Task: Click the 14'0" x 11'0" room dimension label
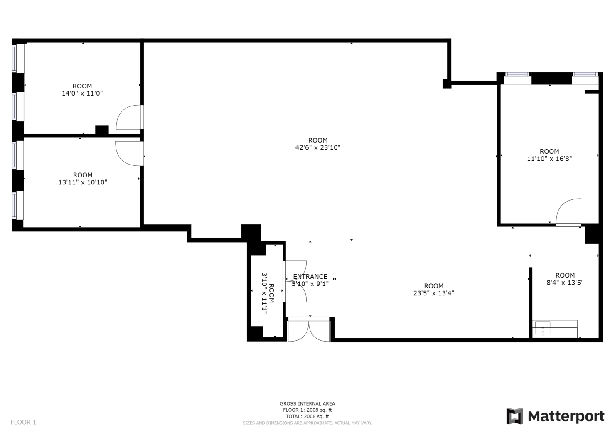pyautogui.click(x=82, y=93)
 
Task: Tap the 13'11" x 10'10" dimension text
pyautogui.click(x=83, y=182)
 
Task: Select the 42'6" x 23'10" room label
pyautogui.click(x=317, y=147)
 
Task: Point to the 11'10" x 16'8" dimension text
pyautogui.click(x=549, y=159)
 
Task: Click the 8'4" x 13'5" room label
pyautogui.click(x=565, y=283)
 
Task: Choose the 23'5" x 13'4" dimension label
pyautogui.click(x=434, y=293)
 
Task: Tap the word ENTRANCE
pyautogui.click(x=310, y=276)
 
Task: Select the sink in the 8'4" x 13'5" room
pyautogui.click(x=543, y=328)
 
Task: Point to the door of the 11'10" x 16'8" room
pyautogui.click(x=568, y=212)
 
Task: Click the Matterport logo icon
pyautogui.click(x=514, y=416)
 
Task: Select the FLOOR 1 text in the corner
pyautogui.click(x=23, y=422)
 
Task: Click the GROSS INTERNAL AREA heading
pyautogui.click(x=307, y=403)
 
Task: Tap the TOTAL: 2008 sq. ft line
pyautogui.click(x=307, y=416)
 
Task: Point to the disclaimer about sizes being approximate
pyautogui.click(x=307, y=423)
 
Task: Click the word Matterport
pyautogui.click(x=566, y=416)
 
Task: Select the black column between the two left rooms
pyautogui.click(x=102, y=130)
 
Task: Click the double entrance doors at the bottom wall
pyautogui.click(x=309, y=329)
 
